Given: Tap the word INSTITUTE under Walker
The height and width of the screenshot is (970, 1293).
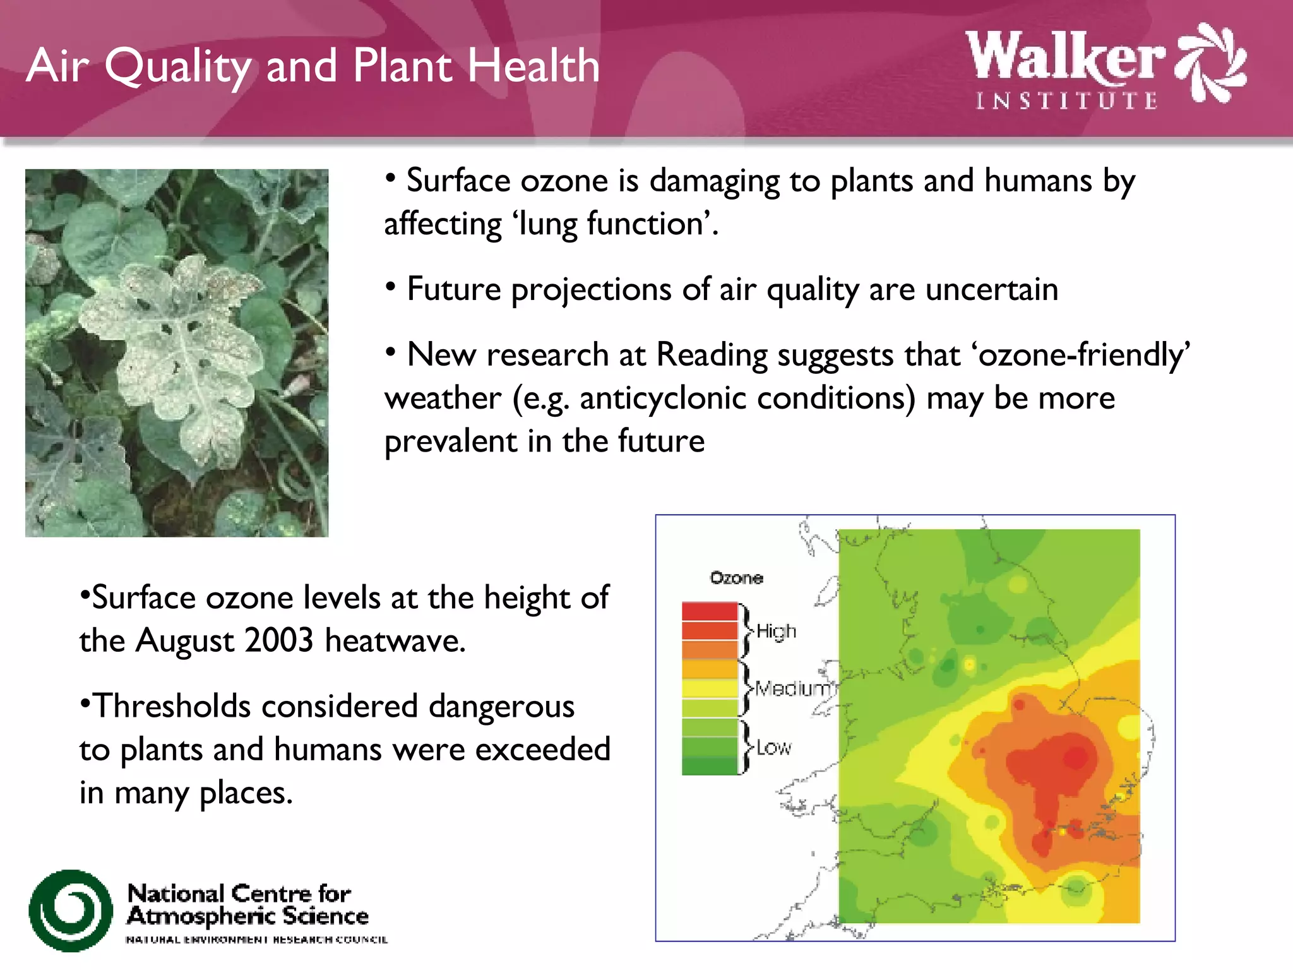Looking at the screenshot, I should point(1066,101).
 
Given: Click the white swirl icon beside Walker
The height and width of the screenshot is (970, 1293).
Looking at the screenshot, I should point(1211,63).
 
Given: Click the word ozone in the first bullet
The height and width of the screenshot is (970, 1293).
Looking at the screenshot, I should point(564,181).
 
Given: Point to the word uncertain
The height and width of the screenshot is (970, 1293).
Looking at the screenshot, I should point(991,290).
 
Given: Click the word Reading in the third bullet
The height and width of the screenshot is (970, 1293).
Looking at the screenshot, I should point(712,355).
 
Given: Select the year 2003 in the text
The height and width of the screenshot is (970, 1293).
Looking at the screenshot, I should point(278,641).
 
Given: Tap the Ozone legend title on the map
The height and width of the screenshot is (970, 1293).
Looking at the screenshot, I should point(736,578).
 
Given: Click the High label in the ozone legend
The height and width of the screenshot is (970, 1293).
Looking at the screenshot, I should point(776,631).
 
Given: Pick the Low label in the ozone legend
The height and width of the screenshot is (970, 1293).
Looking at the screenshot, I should point(773,748).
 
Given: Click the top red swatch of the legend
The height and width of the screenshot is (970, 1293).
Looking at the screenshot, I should point(709,611).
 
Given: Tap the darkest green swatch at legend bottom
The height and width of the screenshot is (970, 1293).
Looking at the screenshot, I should point(709,766).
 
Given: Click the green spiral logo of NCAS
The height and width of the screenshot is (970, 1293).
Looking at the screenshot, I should point(70,910).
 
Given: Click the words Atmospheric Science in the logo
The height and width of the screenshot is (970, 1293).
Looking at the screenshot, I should point(247,916).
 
